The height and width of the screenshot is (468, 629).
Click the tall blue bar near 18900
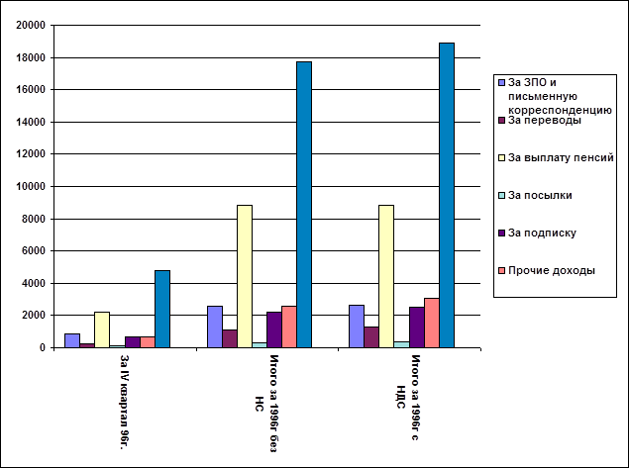pos(446,195)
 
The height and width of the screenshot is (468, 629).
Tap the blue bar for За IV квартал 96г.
pos(161,309)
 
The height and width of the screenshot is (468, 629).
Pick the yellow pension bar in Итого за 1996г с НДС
pos(386,276)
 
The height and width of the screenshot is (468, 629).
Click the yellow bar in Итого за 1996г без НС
pos(244,276)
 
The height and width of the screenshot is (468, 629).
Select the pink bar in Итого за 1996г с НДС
pos(431,323)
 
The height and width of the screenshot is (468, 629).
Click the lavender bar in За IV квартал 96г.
pos(71,340)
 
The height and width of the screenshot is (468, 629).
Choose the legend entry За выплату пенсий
pos(561,157)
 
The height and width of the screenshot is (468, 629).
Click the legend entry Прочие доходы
pos(551,270)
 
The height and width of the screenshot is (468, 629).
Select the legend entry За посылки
pos(540,195)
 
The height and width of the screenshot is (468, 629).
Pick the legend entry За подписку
pos(542,233)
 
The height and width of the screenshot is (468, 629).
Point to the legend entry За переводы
pos(544,121)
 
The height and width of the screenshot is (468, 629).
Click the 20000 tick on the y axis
pos(33,26)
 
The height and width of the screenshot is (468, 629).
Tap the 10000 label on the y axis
pos(33,187)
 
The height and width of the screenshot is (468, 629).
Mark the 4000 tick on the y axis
pos(36,283)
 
